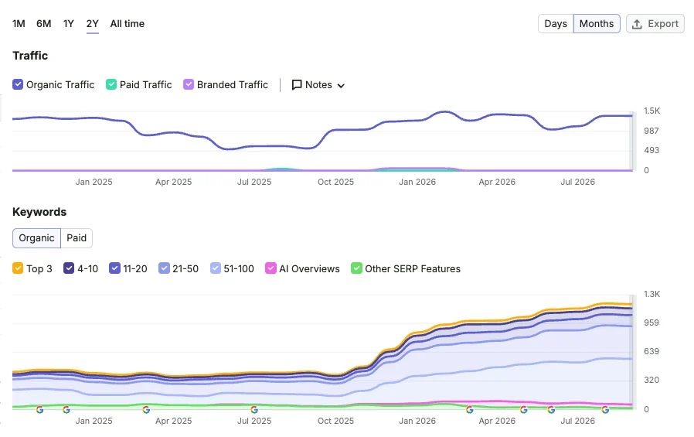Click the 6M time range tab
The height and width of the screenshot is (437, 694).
point(44,24)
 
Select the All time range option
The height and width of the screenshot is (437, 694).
point(127,24)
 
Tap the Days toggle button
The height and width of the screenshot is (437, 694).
point(556,24)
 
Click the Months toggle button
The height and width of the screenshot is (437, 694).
point(597,24)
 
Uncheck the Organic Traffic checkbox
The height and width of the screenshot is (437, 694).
point(18,84)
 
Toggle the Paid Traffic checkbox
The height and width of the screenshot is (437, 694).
point(111,84)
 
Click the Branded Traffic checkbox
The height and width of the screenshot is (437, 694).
point(189,84)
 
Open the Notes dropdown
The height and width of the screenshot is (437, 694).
point(318,85)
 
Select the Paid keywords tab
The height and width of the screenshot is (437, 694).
point(77,238)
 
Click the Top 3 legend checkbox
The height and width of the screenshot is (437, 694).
point(18,268)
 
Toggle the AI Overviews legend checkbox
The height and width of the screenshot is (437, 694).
point(270,268)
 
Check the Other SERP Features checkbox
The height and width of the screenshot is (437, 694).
point(356,268)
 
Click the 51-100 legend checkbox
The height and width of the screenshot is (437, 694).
point(215,268)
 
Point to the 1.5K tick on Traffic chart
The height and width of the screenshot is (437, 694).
point(651,111)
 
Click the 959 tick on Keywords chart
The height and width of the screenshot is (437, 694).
point(651,323)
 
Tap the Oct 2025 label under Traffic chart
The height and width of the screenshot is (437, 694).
point(335,182)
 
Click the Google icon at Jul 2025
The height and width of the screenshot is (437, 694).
point(254,410)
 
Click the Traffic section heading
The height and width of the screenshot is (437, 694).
point(30,56)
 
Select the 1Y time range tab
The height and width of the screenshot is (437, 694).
point(68,24)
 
